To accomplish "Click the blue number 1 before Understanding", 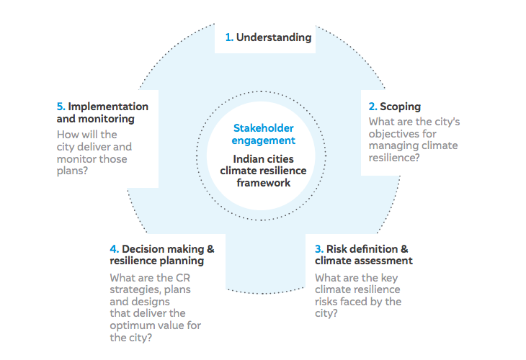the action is pos(229,37).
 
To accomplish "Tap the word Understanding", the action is pos(274,37).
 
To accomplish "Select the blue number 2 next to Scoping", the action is pos(373,107).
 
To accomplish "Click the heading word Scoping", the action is pos(400,107).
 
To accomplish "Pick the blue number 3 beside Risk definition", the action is pos(319,249).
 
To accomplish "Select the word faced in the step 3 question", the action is pos(354,302).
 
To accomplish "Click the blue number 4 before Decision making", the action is pos(115,249).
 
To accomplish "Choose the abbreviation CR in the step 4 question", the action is pos(183,278).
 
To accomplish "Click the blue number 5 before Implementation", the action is pos(61,107).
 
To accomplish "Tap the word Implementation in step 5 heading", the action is pos(108,107).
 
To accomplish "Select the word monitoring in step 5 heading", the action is pos(107,119).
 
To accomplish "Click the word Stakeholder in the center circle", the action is pos(263,128).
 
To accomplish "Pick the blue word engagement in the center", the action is pos(263,141).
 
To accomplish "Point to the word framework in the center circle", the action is pos(263,183).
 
